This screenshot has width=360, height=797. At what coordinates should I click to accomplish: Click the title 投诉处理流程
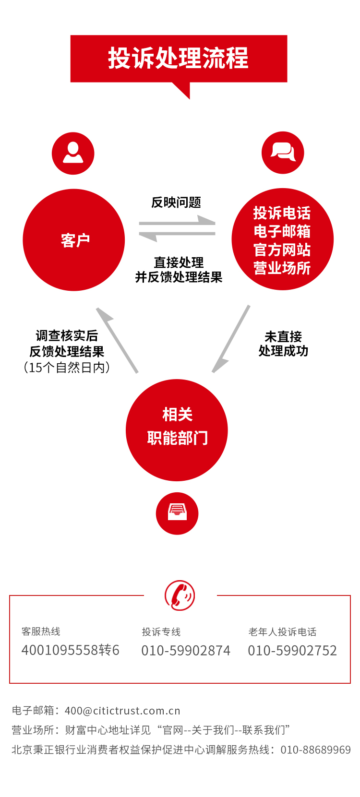(x=178, y=59)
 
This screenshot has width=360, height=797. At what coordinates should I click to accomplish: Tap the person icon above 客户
(x=73, y=154)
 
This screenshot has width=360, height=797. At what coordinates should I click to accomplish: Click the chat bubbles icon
(x=283, y=153)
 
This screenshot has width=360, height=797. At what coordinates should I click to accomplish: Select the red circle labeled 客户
(x=74, y=240)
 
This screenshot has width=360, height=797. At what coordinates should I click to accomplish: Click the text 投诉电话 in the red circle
(x=282, y=213)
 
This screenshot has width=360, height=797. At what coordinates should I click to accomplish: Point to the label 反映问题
(x=176, y=202)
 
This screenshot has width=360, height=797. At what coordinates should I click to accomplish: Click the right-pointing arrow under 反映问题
(x=177, y=222)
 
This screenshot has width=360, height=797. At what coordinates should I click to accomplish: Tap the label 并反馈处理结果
(x=179, y=277)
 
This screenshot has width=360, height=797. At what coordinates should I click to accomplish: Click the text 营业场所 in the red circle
(x=282, y=268)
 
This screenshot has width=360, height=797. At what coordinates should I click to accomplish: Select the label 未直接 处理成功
(x=283, y=344)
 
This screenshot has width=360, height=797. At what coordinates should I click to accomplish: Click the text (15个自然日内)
(x=67, y=368)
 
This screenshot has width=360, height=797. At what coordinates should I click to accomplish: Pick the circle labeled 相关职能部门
(x=177, y=430)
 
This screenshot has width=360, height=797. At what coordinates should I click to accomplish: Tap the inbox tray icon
(x=177, y=513)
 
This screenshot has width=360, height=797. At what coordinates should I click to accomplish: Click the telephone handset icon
(x=180, y=595)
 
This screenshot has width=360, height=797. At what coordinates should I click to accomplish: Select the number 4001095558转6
(x=71, y=650)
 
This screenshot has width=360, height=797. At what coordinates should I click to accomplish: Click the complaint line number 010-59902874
(x=186, y=651)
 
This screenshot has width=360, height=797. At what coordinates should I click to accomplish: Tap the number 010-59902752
(x=292, y=651)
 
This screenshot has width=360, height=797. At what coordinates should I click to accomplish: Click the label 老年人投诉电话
(x=282, y=632)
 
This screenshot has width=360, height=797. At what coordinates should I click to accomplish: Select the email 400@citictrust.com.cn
(x=122, y=711)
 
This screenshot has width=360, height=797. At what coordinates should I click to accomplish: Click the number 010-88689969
(x=315, y=749)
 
